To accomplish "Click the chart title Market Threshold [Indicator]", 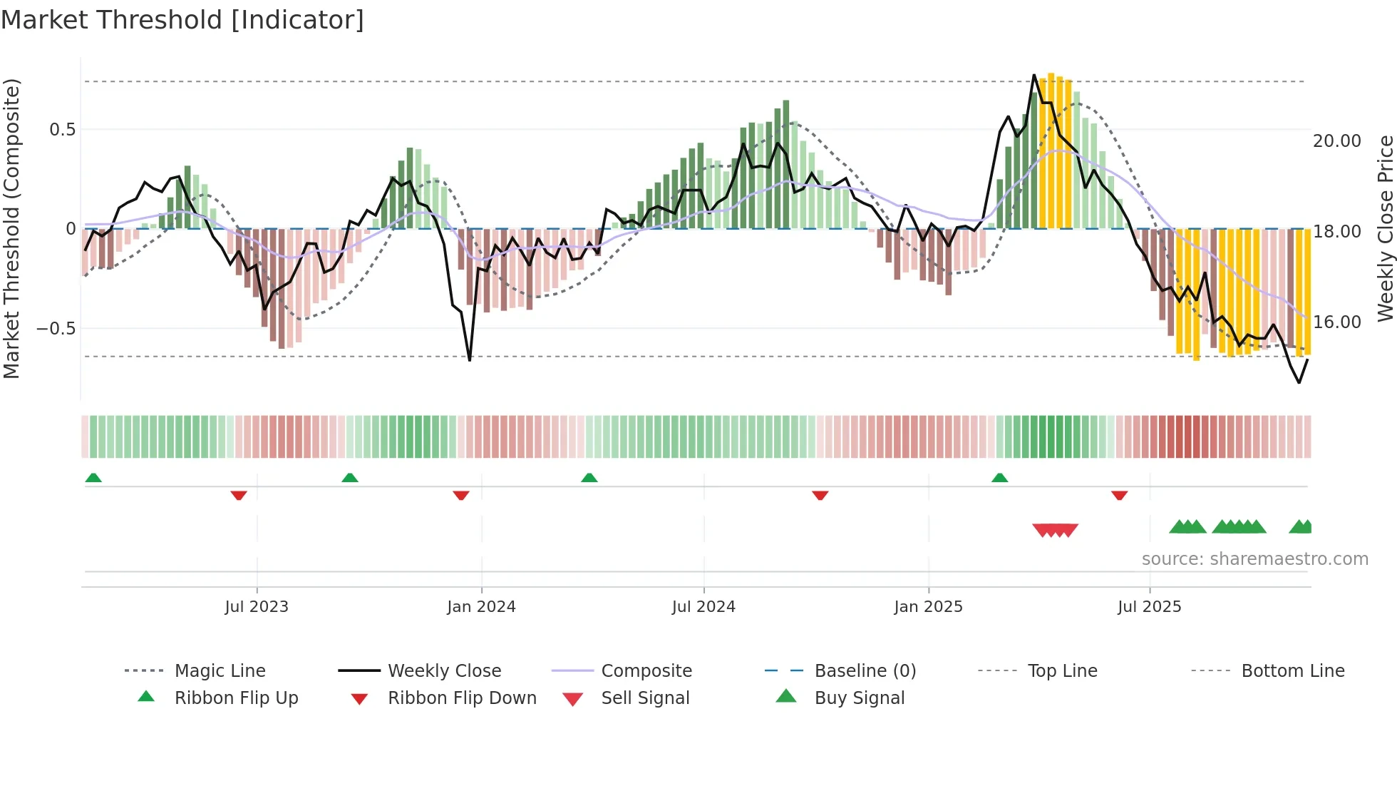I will pos(182,20).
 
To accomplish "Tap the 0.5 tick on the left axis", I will pos(62,130).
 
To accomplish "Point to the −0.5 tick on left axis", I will pos(56,329).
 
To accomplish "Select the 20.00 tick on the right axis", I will pos(1336,141).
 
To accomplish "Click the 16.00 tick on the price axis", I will pos(1336,322).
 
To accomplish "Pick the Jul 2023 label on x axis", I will pos(257,607).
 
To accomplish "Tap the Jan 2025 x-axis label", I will pos(928,607).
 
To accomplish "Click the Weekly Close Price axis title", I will pos(1385,228).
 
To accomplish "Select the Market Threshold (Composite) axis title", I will pos(11,228).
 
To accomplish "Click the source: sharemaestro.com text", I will pos(1254,559).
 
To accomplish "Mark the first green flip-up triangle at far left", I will pos(93,478).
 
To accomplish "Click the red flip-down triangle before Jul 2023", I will pos(239,495).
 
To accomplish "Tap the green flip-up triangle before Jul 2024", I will pos(589,478).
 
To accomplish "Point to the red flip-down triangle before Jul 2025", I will pos(1119,495).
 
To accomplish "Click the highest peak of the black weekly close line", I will pos(1034,75).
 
